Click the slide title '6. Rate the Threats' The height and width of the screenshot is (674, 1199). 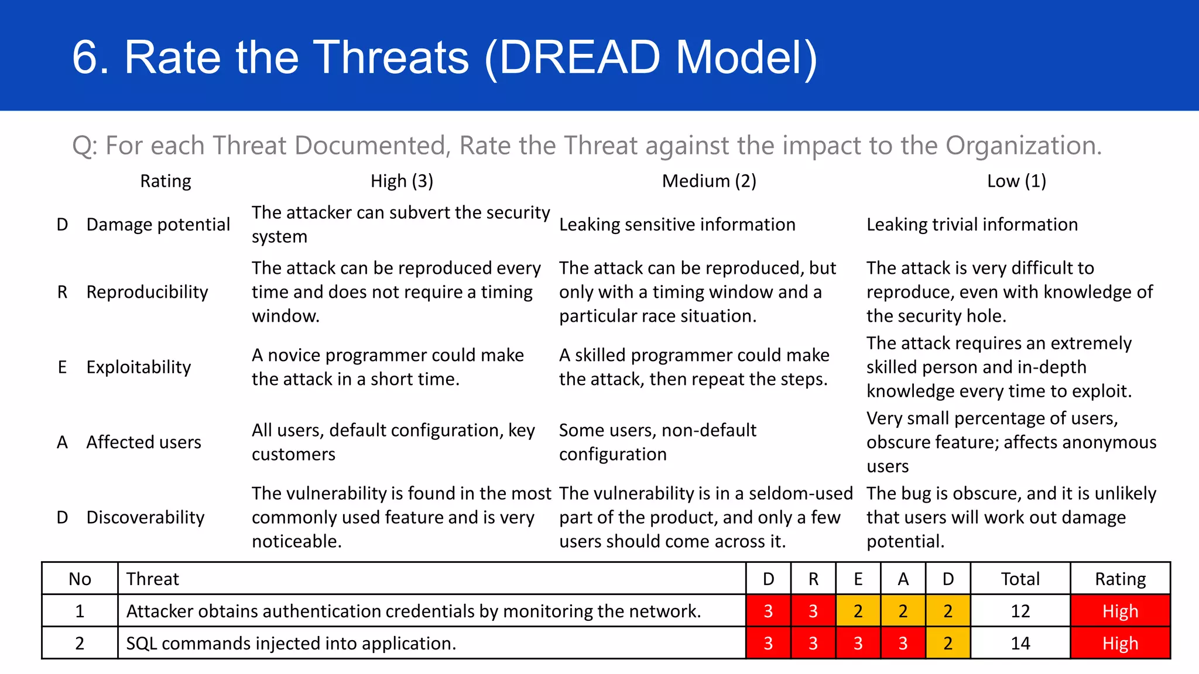(444, 57)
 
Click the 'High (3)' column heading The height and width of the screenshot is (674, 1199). (402, 181)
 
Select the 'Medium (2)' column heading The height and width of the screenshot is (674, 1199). (709, 181)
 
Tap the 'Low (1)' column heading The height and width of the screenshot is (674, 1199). (1016, 181)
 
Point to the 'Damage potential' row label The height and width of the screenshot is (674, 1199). (158, 225)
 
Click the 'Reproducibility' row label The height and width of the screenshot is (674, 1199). (147, 292)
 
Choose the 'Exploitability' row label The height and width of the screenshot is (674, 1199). (139, 367)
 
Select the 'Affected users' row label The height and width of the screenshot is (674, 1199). (143, 442)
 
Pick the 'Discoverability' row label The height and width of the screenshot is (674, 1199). (145, 517)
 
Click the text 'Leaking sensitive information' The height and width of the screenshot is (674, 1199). (677, 225)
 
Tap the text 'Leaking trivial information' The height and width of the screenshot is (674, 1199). (972, 225)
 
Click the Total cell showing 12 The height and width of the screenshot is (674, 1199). (1020, 611)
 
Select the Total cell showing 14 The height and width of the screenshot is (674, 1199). (1020, 643)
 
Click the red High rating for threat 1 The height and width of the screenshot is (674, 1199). (1120, 611)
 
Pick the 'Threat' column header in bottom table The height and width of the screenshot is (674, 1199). (153, 579)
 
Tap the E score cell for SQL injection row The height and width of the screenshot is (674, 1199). (858, 643)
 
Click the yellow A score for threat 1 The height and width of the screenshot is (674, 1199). (903, 611)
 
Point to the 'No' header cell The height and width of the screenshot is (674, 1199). (80, 579)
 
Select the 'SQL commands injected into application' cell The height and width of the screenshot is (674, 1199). (291, 643)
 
